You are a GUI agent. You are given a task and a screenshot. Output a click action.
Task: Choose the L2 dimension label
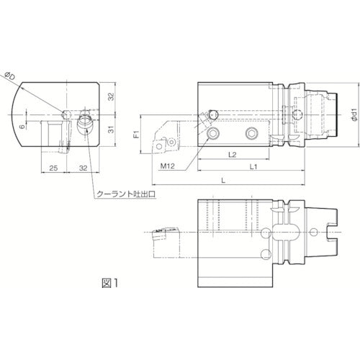point(233,153)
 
